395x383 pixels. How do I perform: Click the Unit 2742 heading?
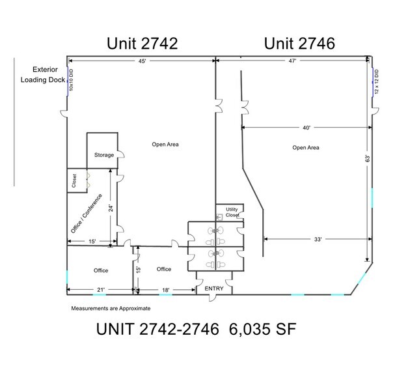click(142, 44)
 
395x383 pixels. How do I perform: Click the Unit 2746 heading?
click(299, 44)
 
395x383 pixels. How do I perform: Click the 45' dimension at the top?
click(141, 61)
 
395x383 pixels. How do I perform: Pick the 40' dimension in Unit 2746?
click(306, 127)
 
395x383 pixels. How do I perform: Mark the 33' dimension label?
click(318, 239)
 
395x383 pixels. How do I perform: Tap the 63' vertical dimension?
click(368, 158)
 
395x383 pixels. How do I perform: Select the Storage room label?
click(103, 155)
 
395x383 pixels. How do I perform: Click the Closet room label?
click(75, 180)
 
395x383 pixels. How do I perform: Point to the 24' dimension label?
click(111, 208)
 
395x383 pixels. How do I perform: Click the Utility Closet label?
click(232, 212)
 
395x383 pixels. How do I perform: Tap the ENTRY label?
click(214, 288)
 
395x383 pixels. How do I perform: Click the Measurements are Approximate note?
click(110, 308)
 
